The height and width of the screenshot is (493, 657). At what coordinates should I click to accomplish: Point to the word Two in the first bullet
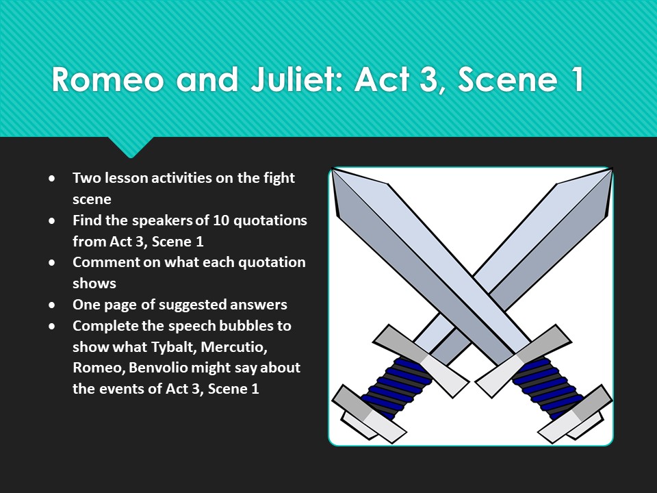[x=85, y=178]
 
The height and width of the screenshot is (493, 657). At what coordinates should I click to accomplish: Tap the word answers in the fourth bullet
[x=261, y=305]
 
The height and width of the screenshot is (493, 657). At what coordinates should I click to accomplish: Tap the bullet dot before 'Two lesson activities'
[x=53, y=179]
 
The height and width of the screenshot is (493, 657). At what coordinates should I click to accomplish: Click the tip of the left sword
[x=334, y=171]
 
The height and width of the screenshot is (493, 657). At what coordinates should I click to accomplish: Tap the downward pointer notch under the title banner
[x=130, y=148]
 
